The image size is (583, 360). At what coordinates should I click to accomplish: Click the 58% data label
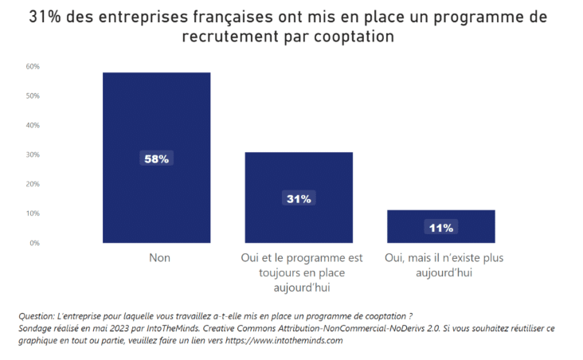click(x=156, y=158)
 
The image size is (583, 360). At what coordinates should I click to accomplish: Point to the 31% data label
click(x=299, y=198)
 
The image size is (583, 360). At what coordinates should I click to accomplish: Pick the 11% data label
click(x=440, y=228)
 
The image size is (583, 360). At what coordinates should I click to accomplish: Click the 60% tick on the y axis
click(x=33, y=66)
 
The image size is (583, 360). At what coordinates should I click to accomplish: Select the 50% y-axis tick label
click(x=33, y=96)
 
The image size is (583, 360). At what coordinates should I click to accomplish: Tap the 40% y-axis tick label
click(x=33, y=125)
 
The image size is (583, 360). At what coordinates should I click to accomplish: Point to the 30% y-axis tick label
click(x=33, y=155)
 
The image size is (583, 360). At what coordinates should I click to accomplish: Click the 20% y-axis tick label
click(x=33, y=184)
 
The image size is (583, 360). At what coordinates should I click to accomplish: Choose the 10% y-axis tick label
click(x=33, y=213)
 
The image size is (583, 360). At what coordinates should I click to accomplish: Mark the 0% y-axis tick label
click(x=34, y=243)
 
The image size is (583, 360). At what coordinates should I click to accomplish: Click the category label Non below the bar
click(x=159, y=258)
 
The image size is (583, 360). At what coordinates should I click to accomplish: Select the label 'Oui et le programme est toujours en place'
click(x=301, y=264)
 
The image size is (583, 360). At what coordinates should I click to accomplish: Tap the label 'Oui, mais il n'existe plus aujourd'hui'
click(x=444, y=264)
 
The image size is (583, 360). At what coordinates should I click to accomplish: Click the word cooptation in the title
click(x=353, y=37)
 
